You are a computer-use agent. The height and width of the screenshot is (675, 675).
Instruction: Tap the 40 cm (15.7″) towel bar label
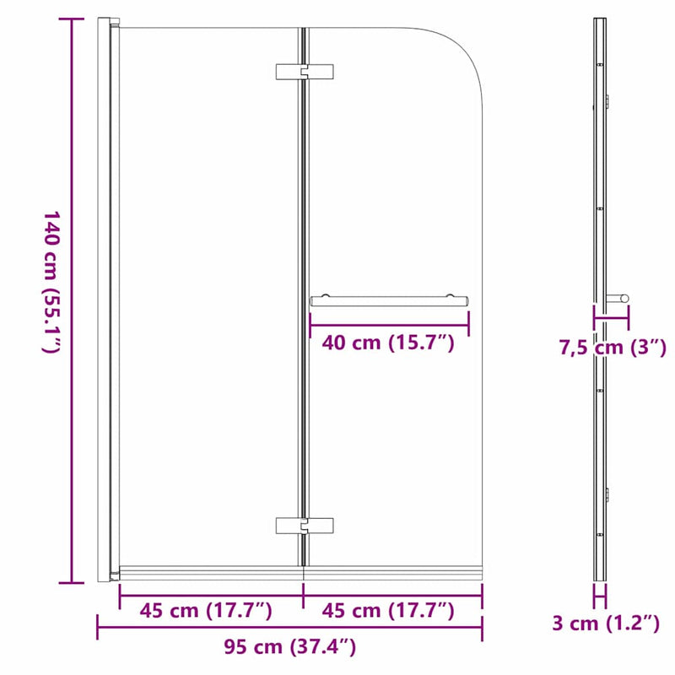[x=389, y=343]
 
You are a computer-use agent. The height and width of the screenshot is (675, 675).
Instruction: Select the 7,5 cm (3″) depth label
[x=613, y=347]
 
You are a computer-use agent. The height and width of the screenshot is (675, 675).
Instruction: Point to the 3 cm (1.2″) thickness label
[x=605, y=624]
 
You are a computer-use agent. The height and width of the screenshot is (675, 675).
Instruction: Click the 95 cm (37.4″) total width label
[x=289, y=648]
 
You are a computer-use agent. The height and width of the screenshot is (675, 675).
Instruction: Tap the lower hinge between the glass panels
[x=305, y=526]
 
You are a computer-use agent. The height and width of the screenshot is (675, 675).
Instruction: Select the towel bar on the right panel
[x=389, y=299]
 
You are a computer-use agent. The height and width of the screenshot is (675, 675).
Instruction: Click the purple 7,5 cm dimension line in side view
[x=611, y=319]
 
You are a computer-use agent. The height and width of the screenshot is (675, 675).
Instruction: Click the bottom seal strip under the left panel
[x=211, y=572]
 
